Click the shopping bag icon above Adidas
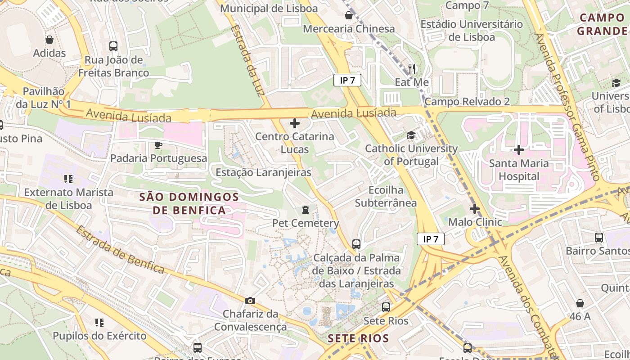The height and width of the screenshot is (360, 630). coord(49,40)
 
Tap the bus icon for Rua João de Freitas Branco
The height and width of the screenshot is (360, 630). coord(113,46)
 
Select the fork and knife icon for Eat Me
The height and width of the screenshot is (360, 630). coord(412,68)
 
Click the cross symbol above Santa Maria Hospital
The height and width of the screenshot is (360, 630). coord(519,149)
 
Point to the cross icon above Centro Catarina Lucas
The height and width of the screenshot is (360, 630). coord(295,123)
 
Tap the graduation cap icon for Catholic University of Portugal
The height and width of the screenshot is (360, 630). coord(411,135)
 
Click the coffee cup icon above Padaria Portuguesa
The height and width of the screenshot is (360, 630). coord(158,144)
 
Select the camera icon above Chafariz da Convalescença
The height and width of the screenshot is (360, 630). coord(250,300)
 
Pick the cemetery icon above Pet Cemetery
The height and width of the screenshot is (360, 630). coord(306,209)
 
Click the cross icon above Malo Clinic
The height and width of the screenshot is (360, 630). coord(474,208)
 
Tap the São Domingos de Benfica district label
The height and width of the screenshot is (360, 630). coord(189,203)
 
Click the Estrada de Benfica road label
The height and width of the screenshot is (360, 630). coord(120,249)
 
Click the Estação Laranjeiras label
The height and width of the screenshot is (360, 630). coord(263,172)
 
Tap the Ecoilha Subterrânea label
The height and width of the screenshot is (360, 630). coord(386,196)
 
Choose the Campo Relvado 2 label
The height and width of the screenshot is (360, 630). coord(467,101)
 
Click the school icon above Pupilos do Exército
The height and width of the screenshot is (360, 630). coord(99,322)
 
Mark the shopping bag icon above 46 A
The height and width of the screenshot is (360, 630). coord(580,303)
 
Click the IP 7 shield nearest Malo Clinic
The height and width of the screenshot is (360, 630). coord(431,239)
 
